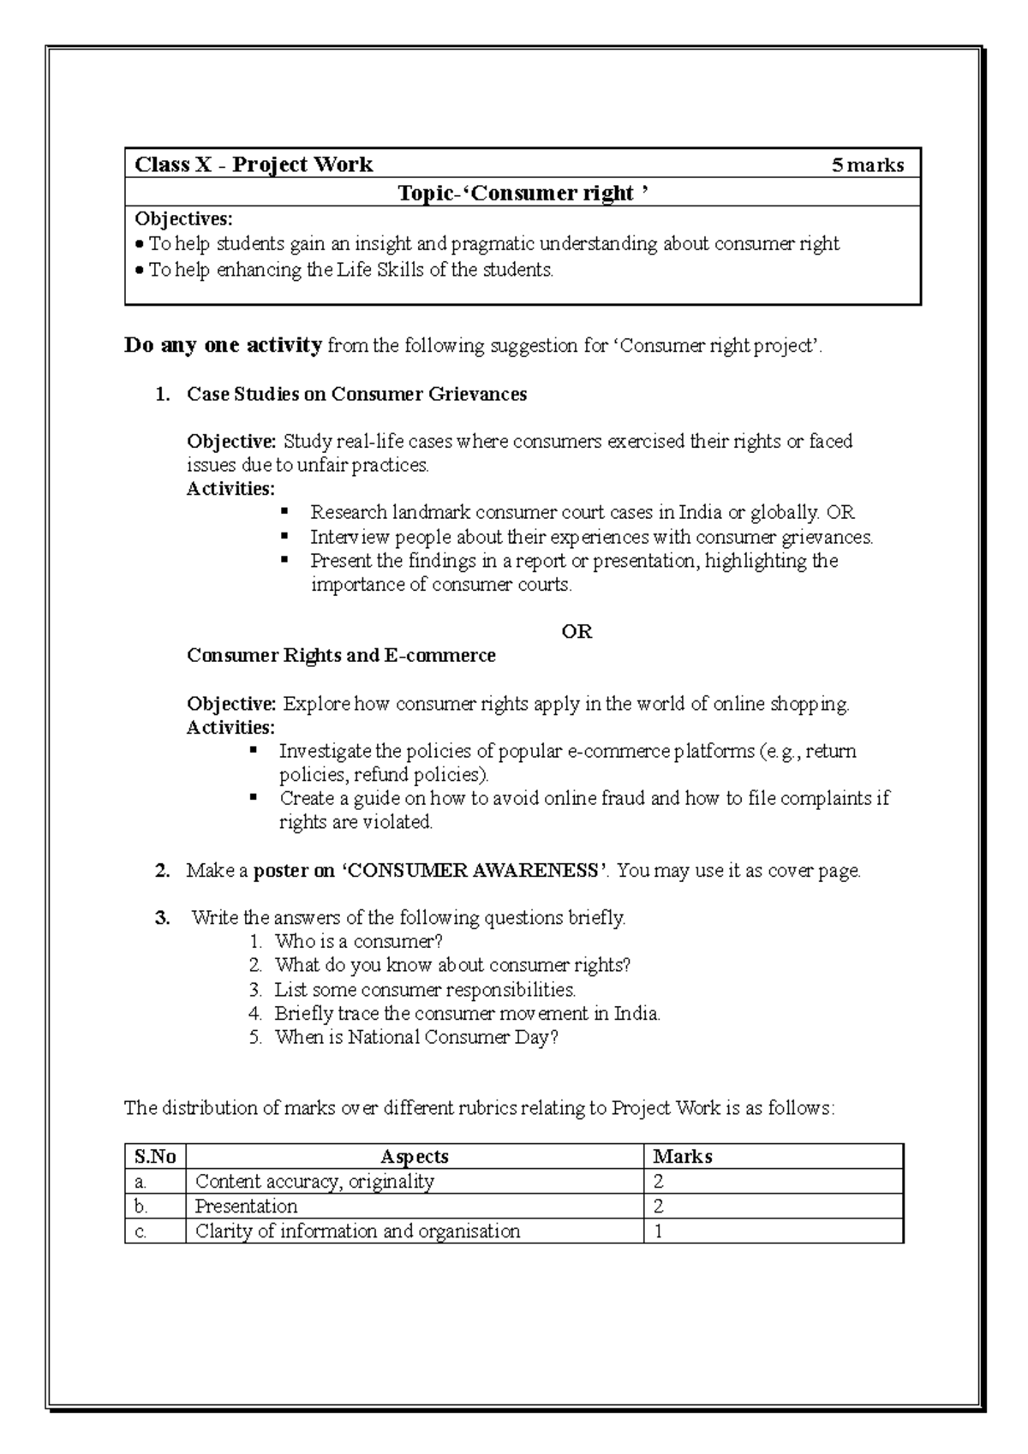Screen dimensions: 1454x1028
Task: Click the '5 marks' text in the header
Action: (x=867, y=164)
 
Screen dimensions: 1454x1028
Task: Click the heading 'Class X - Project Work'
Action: (x=254, y=164)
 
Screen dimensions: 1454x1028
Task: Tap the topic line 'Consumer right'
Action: (x=523, y=194)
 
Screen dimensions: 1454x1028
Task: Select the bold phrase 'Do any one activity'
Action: (x=223, y=346)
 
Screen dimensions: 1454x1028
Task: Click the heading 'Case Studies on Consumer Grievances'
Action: (x=356, y=394)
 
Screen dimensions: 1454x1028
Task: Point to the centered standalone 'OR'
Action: (x=577, y=632)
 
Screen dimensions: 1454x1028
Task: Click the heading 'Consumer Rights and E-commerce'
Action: (x=341, y=656)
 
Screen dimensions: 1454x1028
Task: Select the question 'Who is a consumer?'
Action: (x=358, y=942)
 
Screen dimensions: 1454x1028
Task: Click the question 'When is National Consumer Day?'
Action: (x=415, y=1038)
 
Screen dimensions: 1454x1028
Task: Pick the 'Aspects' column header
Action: (x=414, y=1157)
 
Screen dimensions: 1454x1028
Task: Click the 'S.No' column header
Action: (x=155, y=1157)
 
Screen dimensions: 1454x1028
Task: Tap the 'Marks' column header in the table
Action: (x=682, y=1157)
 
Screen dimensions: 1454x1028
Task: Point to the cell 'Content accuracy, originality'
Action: (x=314, y=1182)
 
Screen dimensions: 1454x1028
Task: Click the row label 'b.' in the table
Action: (x=141, y=1207)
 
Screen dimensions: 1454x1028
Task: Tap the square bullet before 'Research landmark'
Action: (x=284, y=511)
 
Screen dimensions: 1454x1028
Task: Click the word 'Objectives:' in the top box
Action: (x=183, y=218)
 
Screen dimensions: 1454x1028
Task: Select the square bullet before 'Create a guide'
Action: (x=254, y=796)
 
